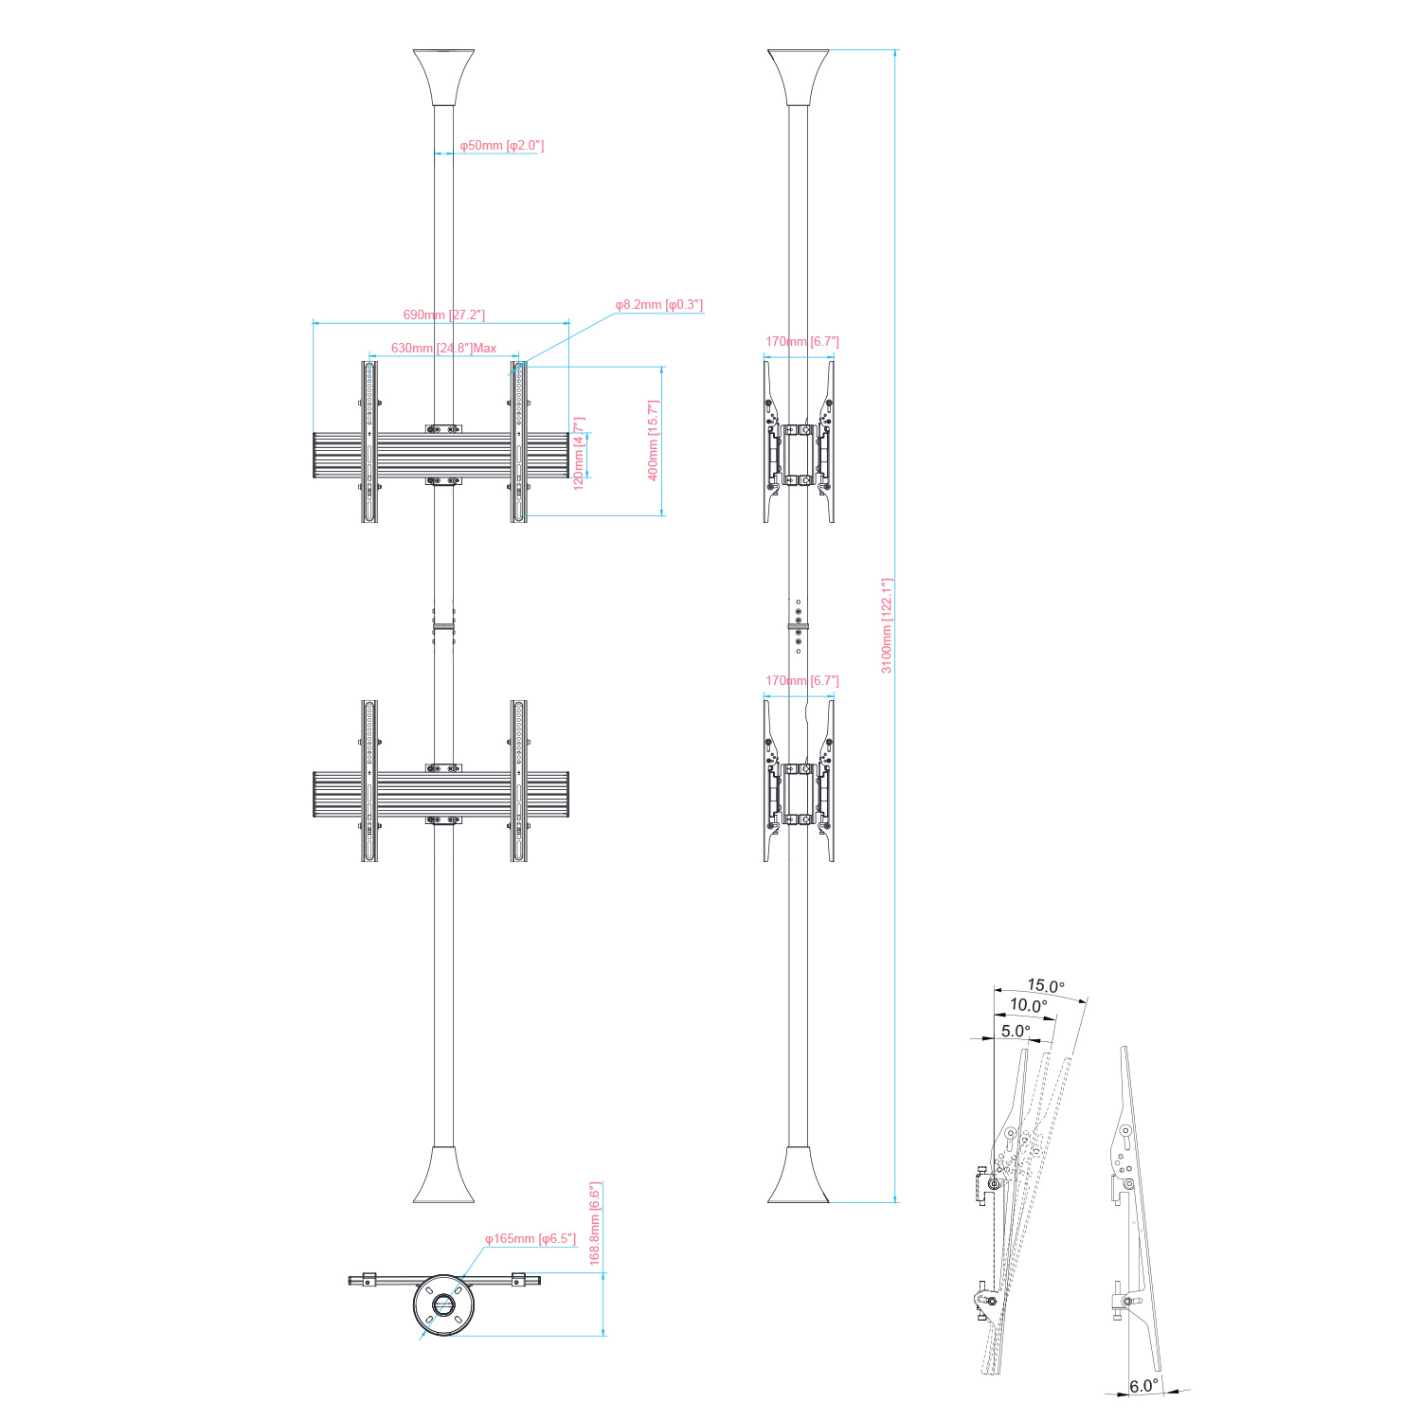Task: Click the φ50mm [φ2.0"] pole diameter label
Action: pos(502,146)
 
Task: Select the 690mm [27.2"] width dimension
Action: pos(444,315)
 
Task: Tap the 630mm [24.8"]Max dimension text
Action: pos(444,348)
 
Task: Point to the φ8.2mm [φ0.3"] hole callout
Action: pos(659,304)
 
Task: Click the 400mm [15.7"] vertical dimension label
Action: pos(653,441)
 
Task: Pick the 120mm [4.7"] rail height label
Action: pos(579,453)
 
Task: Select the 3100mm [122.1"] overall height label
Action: pos(888,625)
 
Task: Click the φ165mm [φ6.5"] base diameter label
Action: pos(531,1238)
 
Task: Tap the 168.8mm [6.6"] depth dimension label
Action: pos(595,1223)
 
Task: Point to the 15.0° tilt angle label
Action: pos(1046,985)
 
